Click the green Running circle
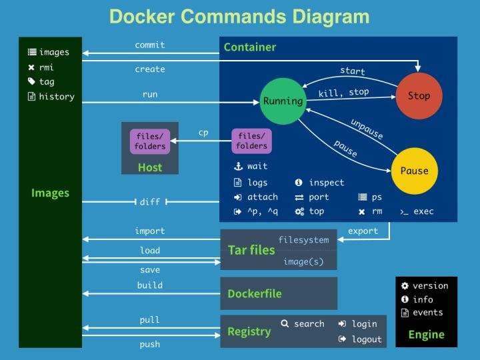(x=282, y=101)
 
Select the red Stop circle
(x=419, y=95)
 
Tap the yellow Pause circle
(x=414, y=171)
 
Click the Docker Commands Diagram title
(x=239, y=17)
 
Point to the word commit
(x=149, y=45)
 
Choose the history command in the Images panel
(x=57, y=97)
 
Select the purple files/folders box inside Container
(x=251, y=141)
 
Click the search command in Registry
(x=309, y=324)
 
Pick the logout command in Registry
(x=367, y=339)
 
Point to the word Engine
(x=426, y=334)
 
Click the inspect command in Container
(x=326, y=183)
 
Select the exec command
(x=423, y=211)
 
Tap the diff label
(x=150, y=202)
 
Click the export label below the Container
(x=363, y=231)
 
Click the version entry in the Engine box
(x=430, y=285)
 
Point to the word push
(x=150, y=344)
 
